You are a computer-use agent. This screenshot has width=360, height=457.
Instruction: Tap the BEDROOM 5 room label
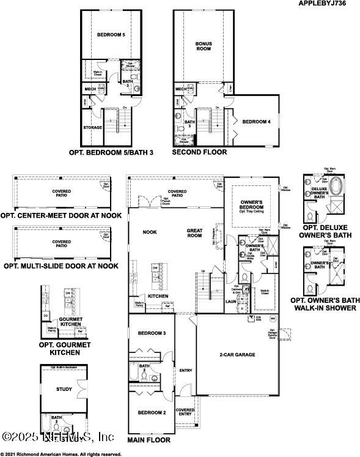coord(111,35)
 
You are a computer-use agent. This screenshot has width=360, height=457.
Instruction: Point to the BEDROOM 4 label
coord(256,122)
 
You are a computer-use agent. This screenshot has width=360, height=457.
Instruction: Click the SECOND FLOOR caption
coord(199,152)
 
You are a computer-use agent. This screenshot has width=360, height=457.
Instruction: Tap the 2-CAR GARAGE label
coord(237,354)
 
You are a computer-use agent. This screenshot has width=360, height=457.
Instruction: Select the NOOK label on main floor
coord(150,232)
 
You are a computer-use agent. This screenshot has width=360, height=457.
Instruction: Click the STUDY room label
coord(64,389)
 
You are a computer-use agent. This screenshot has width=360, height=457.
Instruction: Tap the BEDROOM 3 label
coord(152,333)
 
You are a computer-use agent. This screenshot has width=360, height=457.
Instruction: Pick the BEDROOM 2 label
coord(152,413)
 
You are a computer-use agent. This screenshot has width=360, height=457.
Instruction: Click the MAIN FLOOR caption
coord(149,439)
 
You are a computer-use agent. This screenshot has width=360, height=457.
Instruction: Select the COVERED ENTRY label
coord(185,412)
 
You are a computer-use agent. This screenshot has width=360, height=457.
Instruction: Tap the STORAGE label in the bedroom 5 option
coord(92,128)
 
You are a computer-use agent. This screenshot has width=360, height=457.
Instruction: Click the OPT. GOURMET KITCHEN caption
coord(64,348)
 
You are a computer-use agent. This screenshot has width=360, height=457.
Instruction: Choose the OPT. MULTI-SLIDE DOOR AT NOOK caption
coord(61,266)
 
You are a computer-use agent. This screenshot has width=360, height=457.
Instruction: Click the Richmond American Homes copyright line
coord(61,454)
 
